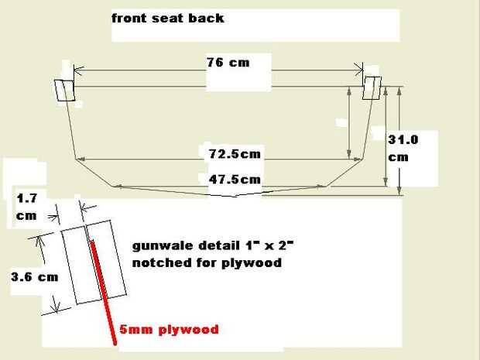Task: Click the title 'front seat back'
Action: (x=168, y=17)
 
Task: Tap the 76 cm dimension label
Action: (x=228, y=62)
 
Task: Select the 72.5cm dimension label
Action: (x=235, y=154)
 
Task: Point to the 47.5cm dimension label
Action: (x=235, y=180)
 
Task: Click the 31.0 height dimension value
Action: (x=403, y=140)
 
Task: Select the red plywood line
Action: (x=101, y=286)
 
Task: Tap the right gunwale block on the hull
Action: (x=372, y=87)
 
